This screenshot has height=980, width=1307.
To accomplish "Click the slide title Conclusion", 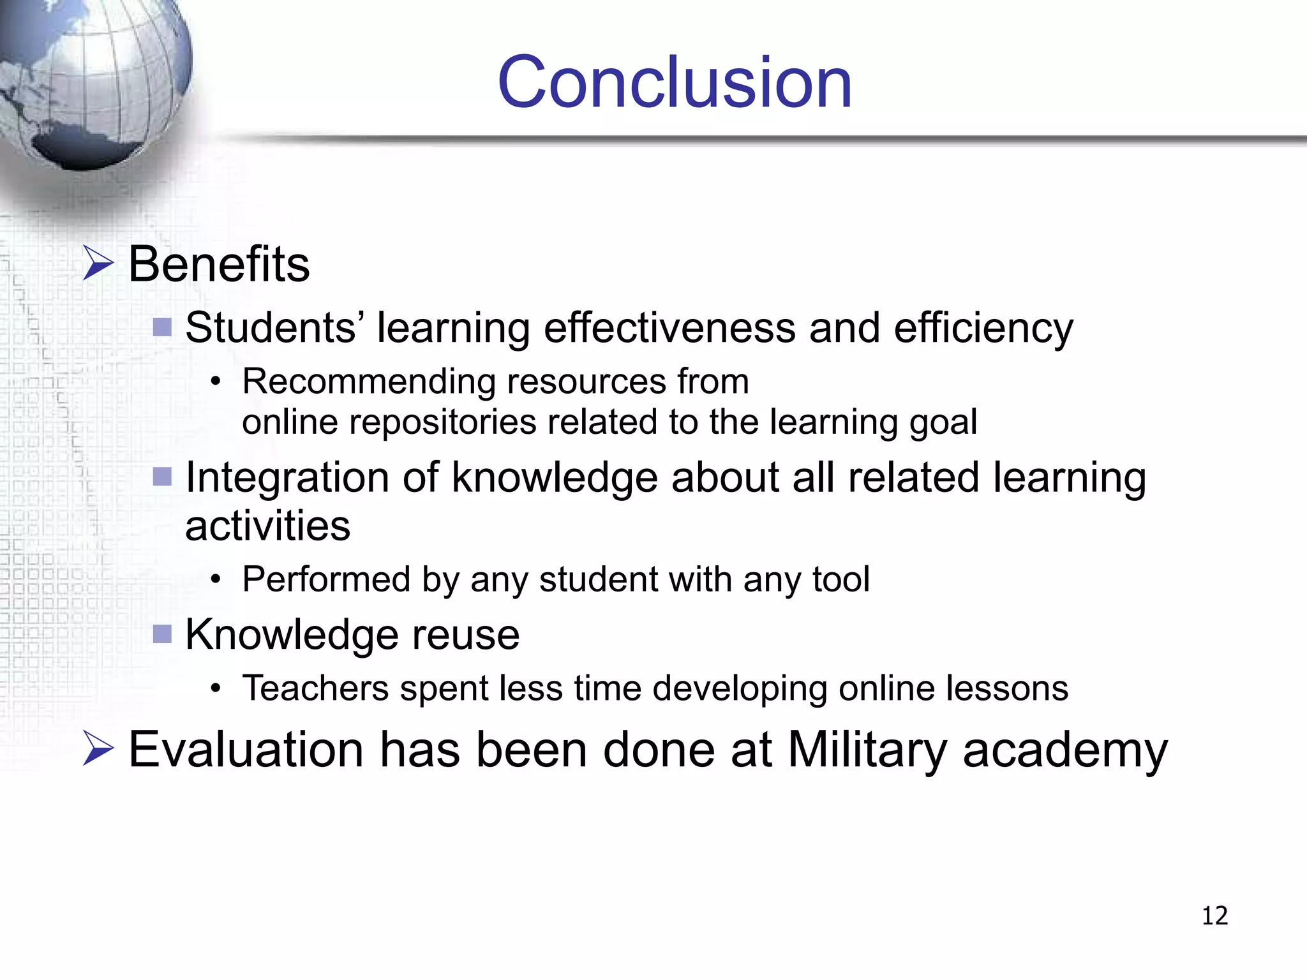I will point(675,83).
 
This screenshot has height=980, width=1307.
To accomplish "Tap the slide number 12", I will point(1214,916).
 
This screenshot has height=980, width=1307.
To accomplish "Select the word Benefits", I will point(219,264).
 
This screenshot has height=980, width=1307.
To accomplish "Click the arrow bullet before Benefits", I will point(98,264).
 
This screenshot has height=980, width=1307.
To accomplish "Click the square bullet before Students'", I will point(163,327).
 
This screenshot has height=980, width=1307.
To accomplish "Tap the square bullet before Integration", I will point(163,477).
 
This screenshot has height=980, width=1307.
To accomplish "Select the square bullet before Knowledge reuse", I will point(163,634).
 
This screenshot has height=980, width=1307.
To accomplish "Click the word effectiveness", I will point(669,328).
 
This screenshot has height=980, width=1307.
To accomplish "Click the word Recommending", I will point(369,382).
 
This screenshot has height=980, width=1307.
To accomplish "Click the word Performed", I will point(326,579).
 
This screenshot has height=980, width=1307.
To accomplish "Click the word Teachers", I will point(315,688).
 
